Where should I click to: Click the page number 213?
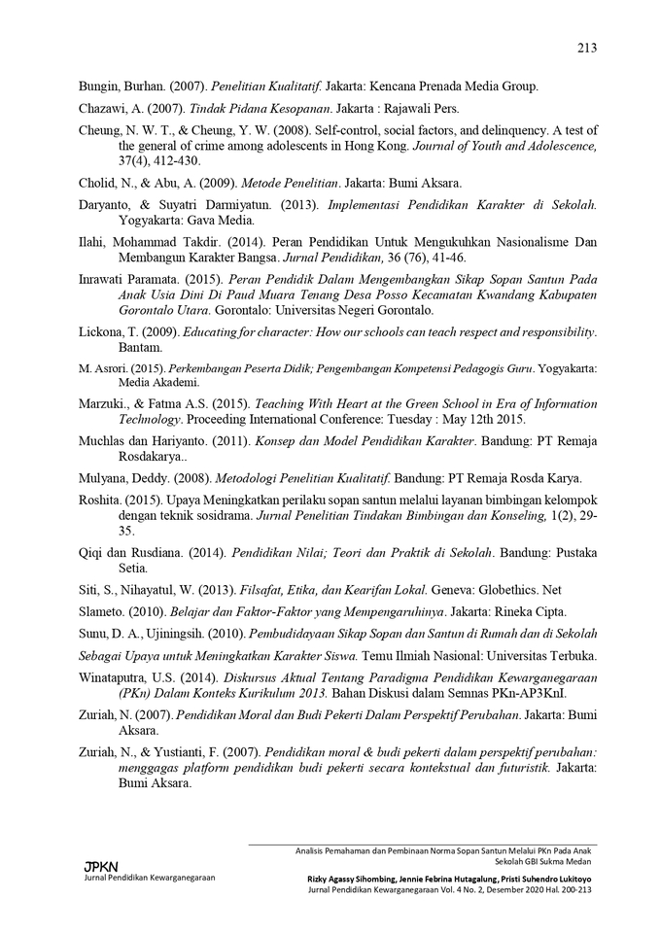point(586,48)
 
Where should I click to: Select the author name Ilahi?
point(92,242)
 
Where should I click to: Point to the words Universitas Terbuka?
point(543,654)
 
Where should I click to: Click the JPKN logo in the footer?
point(101,865)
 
